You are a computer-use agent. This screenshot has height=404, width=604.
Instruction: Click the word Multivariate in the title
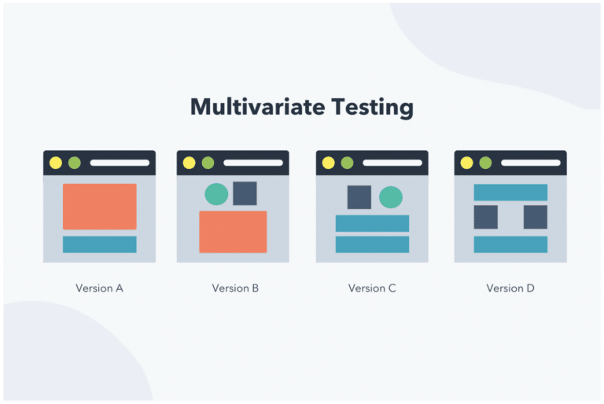(x=258, y=106)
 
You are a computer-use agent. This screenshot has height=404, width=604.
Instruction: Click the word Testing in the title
(x=373, y=108)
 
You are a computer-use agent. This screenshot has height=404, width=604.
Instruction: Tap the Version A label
(x=99, y=288)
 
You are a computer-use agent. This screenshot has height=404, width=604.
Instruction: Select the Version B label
(x=235, y=288)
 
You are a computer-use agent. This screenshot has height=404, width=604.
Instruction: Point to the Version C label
(x=372, y=288)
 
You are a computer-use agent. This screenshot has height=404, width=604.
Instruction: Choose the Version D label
(x=510, y=288)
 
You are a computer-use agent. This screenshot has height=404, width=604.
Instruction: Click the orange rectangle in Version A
(x=100, y=207)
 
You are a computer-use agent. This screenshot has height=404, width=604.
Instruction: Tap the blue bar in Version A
(x=100, y=244)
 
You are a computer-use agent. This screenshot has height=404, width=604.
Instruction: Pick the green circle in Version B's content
(x=216, y=194)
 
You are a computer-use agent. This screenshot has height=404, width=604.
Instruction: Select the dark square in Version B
(x=245, y=193)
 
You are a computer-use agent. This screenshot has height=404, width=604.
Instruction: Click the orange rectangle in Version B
(x=233, y=232)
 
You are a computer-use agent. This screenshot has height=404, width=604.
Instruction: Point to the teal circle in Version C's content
(x=391, y=197)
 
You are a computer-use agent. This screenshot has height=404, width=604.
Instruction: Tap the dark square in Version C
(x=359, y=197)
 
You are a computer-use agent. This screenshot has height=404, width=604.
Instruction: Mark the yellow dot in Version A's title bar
(x=56, y=163)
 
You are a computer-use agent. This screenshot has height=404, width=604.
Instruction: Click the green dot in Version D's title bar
(x=485, y=163)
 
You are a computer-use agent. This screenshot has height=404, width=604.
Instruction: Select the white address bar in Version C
(x=392, y=163)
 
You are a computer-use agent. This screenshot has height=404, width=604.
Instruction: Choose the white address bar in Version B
(x=253, y=163)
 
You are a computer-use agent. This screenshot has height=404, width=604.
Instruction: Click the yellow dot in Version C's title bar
(x=328, y=163)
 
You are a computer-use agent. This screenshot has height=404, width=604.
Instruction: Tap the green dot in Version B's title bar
(x=208, y=163)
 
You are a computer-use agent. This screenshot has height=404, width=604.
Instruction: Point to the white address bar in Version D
(x=531, y=163)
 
